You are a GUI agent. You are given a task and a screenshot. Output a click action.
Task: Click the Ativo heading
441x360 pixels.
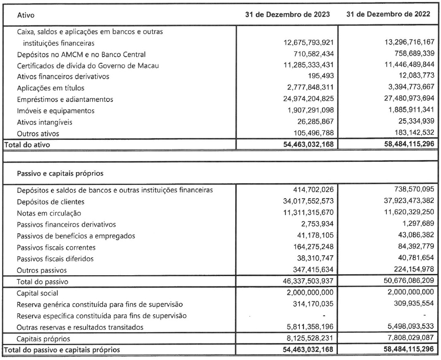pyautogui.click(x=25, y=15)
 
